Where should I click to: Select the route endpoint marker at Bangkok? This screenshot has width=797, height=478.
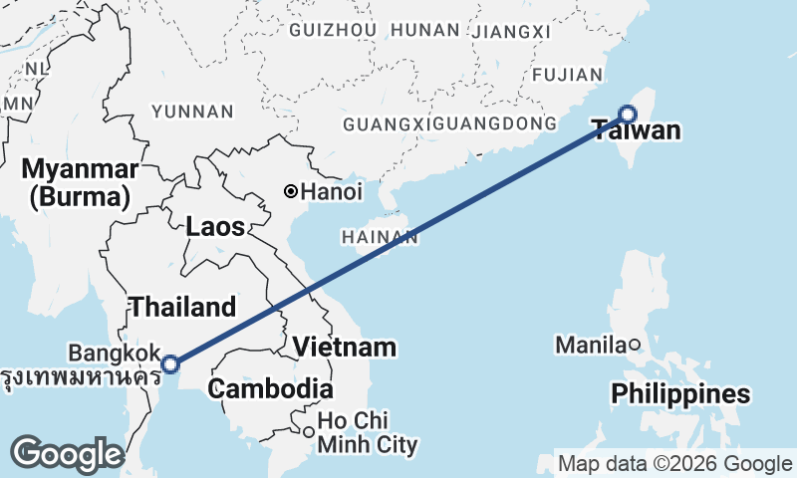(171, 363)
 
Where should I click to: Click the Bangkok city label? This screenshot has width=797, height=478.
(115, 353)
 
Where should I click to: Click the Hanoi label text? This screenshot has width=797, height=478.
(332, 191)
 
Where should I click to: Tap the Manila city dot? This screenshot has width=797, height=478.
(634, 345)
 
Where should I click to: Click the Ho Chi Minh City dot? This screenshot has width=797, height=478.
(309, 432)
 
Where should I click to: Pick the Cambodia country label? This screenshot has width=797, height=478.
(270, 388)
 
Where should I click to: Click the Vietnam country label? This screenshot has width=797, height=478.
(346, 348)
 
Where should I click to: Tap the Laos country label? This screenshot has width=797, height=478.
(215, 227)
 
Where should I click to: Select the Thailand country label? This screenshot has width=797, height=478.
(182, 307)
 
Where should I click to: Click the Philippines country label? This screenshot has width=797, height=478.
(680, 393)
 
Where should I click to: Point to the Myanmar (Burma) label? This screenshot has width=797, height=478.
(81, 181)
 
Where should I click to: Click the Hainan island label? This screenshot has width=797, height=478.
(379, 237)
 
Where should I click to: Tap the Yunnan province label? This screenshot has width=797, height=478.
(193, 112)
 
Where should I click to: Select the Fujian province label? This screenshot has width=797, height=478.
(568, 75)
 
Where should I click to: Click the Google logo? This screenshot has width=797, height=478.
(67, 454)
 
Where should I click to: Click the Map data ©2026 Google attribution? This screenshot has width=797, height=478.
(674, 463)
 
